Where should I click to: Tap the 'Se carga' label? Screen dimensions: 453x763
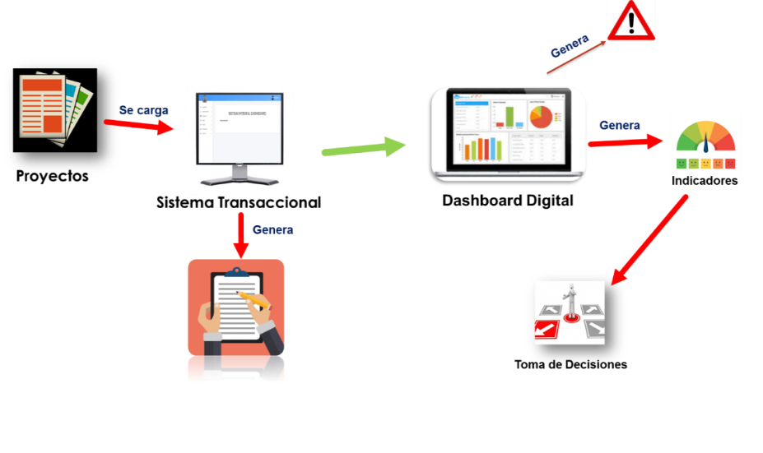tap(144, 109)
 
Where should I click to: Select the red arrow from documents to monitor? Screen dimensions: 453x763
tap(138, 126)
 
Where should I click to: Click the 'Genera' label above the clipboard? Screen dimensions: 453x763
tap(273, 229)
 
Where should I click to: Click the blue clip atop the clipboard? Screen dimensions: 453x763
tap(236, 271)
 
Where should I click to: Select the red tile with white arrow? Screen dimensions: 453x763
tap(546, 329)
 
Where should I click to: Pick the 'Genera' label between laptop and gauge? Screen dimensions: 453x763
tap(620, 126)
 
